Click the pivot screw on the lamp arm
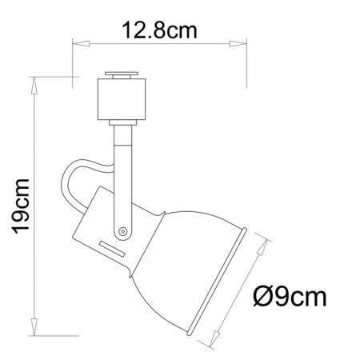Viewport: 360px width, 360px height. point(122,231)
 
